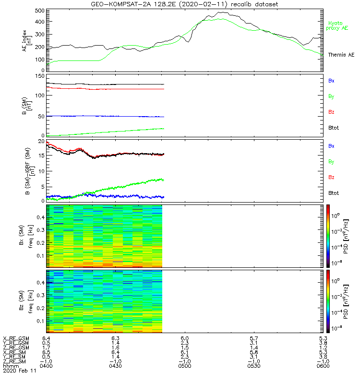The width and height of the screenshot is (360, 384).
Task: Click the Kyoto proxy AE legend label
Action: [338, 26]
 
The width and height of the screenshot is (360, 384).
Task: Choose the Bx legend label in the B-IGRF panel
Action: [331, 146]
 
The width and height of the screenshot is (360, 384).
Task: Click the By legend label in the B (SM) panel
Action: [331, 96]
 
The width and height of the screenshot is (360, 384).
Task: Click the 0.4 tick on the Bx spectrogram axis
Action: [39, 217]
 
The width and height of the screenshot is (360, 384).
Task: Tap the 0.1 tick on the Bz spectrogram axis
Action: [39, 321]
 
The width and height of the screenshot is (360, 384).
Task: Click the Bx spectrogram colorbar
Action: [327, 235]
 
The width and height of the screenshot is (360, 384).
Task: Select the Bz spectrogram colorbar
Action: [327, 300]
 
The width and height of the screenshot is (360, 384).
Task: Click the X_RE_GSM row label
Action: [15, 338]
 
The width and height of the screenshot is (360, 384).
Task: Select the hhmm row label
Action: [10, 366]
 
